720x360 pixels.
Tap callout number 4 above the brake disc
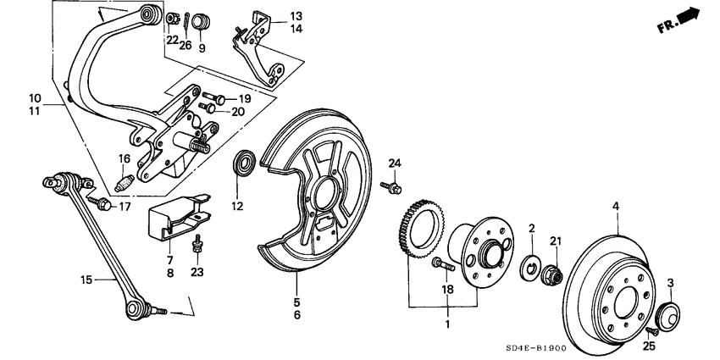coord(617,205)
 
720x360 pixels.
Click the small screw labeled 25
coord(649,330)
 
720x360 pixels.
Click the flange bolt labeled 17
coord(103,203)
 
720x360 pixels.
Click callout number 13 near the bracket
coord(272,16)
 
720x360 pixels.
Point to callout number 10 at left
coord(35,97)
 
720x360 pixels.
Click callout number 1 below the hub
coord(447,324)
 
